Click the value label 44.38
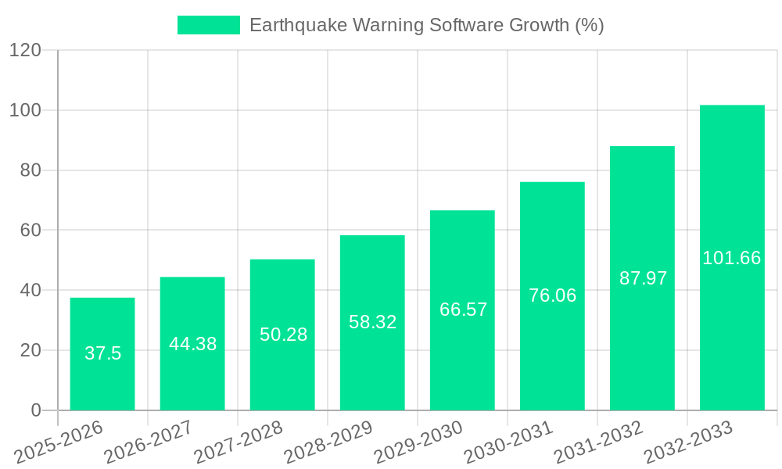[192, 344]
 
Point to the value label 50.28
[283, 335]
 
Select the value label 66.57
[463, 310]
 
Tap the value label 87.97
[643, 278]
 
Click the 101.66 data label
[732, 258]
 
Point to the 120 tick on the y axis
[25, 51]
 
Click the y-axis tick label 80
[30, 170]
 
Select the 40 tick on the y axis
[30, 290]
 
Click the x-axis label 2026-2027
[149, 442]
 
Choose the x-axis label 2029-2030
[418, 442]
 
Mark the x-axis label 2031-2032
[598, 442]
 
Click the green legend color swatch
[209, 25]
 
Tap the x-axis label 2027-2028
[239, 442]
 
